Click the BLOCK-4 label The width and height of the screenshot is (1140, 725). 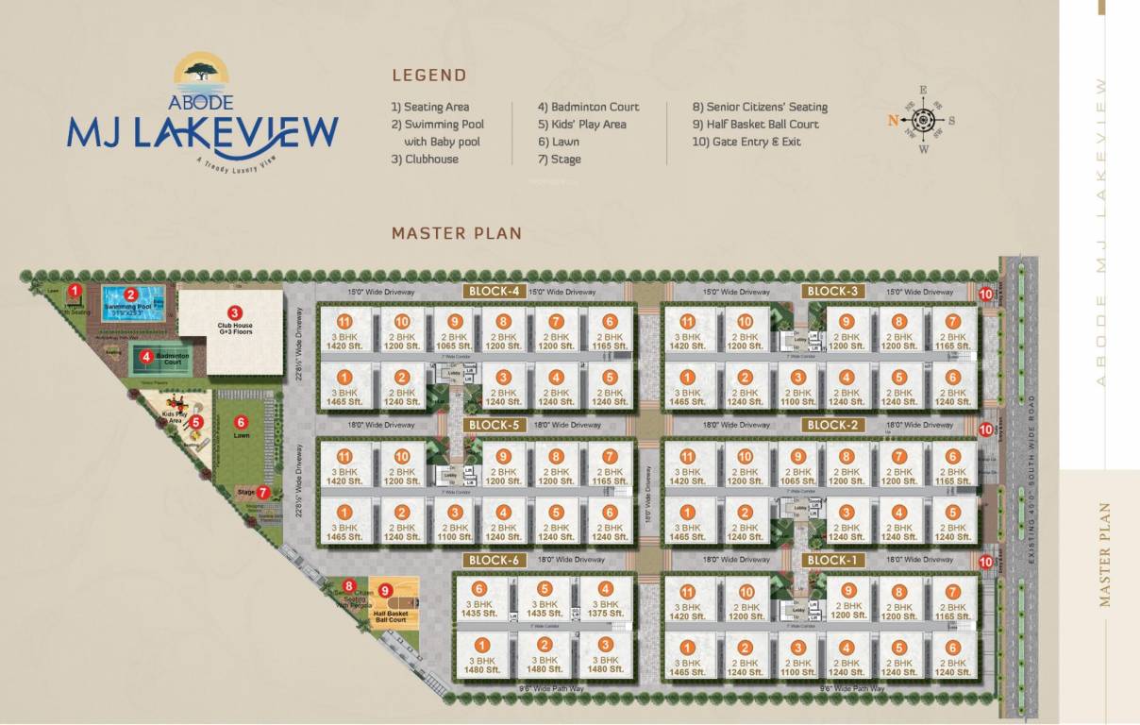494,292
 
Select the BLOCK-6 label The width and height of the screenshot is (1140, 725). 494,561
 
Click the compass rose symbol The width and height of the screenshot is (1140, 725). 923,120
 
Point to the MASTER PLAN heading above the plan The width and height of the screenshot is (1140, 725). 457,233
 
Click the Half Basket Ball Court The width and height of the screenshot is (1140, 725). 392,606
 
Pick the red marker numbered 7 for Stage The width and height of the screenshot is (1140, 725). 263,492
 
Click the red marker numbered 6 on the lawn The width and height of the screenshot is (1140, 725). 241,423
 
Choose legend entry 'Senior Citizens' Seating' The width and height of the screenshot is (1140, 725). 760,108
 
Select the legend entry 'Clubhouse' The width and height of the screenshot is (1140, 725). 425,160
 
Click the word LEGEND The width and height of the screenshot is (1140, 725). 429,76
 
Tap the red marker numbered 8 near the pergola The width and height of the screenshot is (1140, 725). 349,586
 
